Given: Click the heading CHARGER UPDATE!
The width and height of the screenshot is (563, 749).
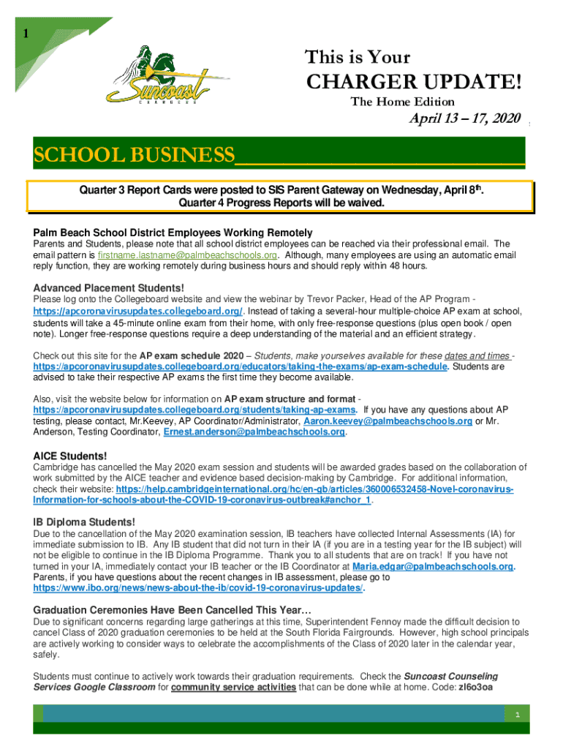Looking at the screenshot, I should point(413,82).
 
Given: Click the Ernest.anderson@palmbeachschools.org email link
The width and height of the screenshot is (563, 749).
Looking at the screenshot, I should point(254,432).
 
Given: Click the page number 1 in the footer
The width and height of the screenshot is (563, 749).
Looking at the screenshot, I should point(515,715).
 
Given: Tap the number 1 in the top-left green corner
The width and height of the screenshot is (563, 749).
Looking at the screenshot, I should point(26,34).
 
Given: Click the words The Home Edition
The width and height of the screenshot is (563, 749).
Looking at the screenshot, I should point(402,102).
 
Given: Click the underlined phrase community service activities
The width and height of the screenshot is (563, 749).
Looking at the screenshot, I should point(233,688).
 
